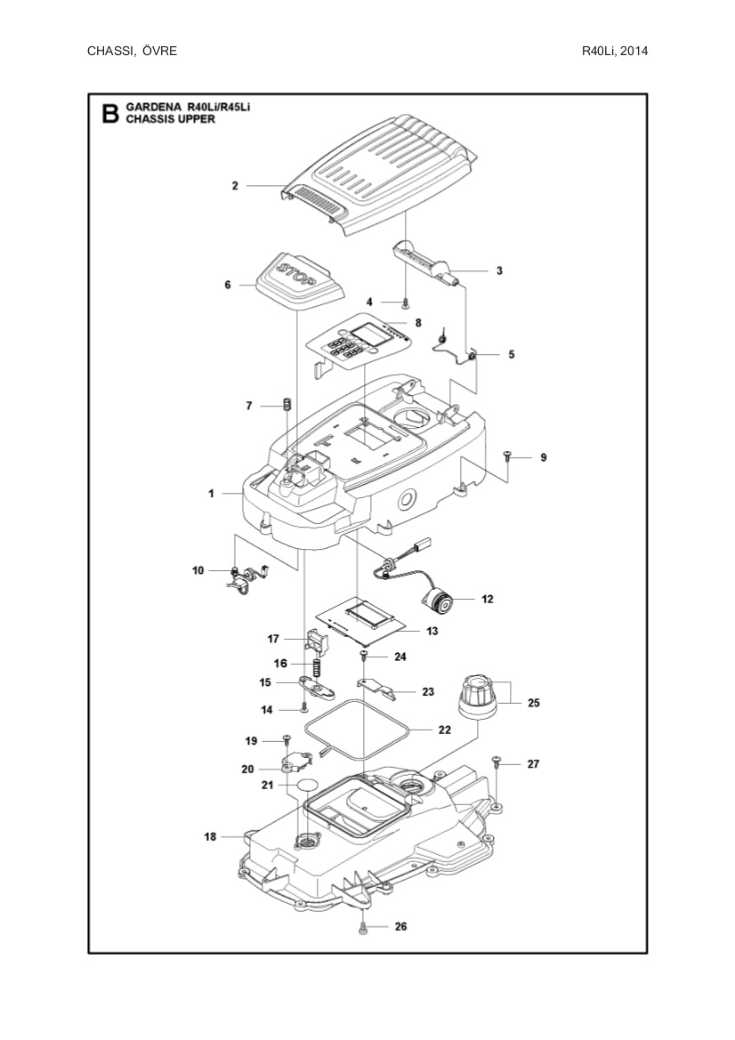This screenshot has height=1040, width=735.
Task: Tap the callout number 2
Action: pos(235,186)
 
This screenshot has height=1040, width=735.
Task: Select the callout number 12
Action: pos(487,600)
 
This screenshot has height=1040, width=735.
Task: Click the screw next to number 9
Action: pos(507,456)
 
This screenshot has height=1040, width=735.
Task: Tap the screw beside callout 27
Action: pos(497,762)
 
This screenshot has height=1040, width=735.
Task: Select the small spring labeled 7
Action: pos(287,405)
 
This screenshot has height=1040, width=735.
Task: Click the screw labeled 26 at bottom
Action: pos(364,927)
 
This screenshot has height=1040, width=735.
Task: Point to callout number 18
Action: pos(211,836)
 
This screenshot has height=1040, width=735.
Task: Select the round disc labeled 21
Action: pos(308,784)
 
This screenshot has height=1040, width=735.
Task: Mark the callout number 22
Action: pos(445,730)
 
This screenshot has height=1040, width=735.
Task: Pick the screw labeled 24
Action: pos(365,657)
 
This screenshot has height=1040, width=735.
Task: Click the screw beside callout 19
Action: pos(287,739)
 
